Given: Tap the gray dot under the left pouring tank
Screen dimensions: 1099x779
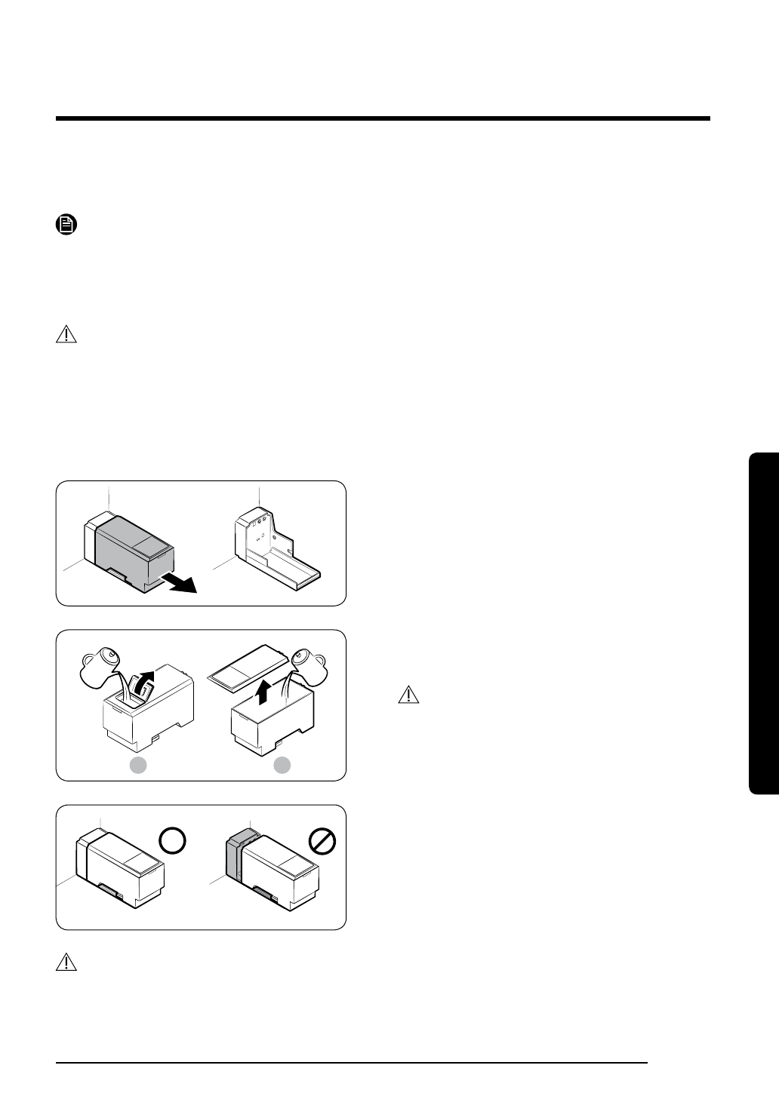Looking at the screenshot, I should (137, 766).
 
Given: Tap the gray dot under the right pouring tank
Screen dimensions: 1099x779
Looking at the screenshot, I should (282, 766).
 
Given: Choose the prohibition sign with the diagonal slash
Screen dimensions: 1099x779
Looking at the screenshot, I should (321, 841).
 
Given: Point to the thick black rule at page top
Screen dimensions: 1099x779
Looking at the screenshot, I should (383, 118).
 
